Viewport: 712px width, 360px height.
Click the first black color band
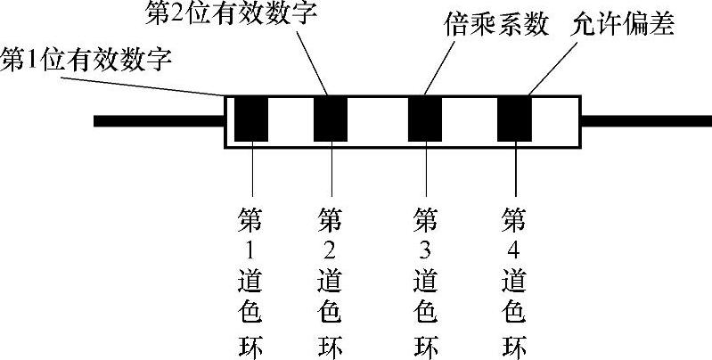point(251,118)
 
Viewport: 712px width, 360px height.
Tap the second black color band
point(331,118)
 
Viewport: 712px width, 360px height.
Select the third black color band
point(425,118)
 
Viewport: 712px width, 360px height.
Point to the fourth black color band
point(514,118)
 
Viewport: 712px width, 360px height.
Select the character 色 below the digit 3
point(425,312)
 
